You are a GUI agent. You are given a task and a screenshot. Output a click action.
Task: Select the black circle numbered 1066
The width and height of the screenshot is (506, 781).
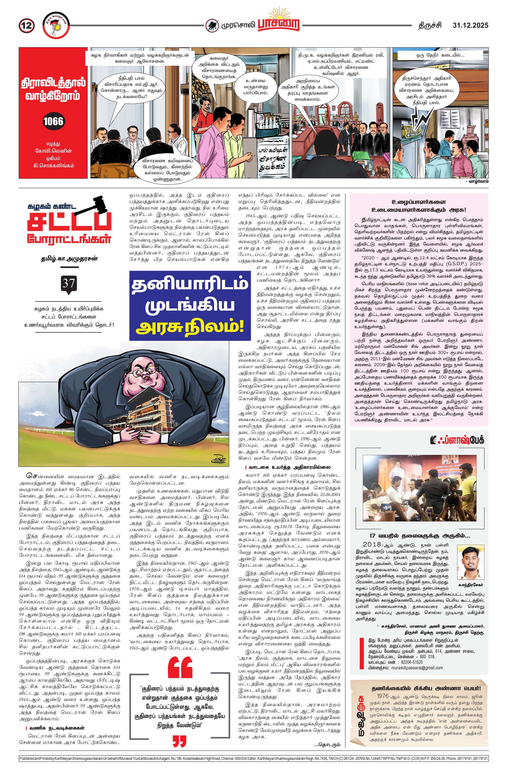pyautogui.click(x=53, y=121)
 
